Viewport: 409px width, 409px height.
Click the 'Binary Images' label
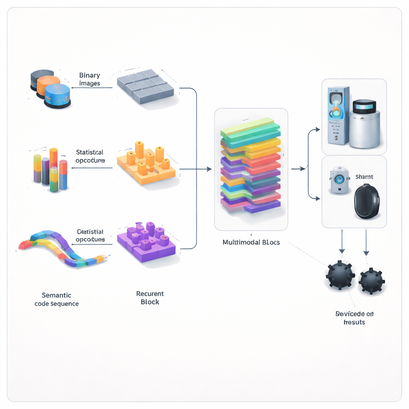(89, 79)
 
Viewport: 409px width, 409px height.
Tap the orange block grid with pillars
(146, 165)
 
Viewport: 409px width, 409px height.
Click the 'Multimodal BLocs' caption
(251, 242)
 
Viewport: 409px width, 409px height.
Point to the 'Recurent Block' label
(150, 298)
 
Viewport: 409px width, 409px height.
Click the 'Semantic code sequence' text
(57, 300)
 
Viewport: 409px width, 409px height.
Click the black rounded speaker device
(367, 201)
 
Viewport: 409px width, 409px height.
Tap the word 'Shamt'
(364, 177)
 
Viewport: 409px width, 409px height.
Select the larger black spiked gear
(340, 275)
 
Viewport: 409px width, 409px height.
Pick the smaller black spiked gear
(371, 281)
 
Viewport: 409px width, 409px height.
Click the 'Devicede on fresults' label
(354, 318)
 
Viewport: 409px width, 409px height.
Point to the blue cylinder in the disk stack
(57, 95)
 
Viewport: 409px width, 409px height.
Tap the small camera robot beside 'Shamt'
(340, 181)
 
